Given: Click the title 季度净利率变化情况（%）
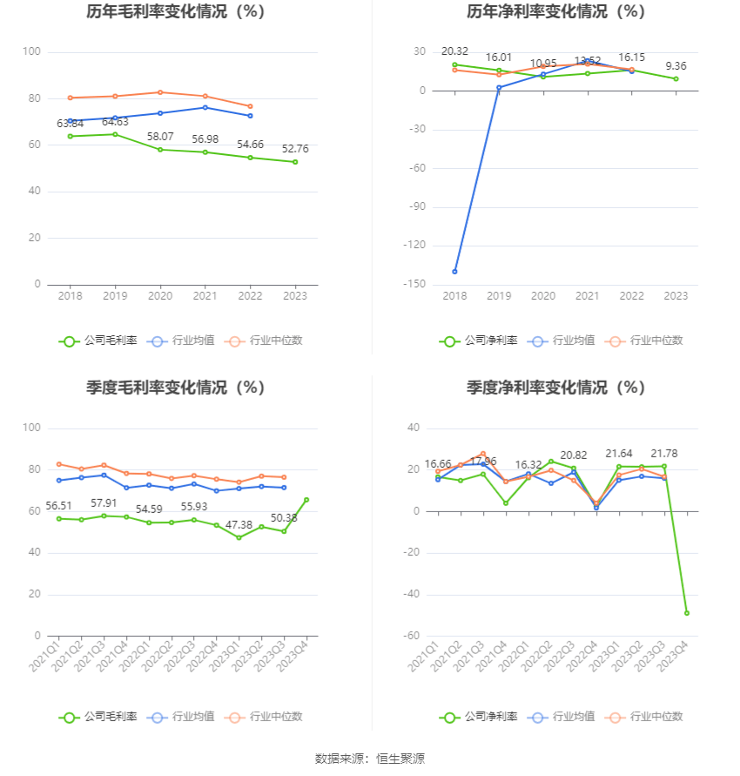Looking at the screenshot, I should pos(555,388).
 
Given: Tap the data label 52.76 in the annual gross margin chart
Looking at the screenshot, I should pos(295,149).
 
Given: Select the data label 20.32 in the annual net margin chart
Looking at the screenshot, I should pos(454,51).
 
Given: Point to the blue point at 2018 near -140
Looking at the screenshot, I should pos(454,272).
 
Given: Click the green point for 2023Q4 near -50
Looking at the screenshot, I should pos(687,613).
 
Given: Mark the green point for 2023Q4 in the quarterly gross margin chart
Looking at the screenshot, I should pos(306,500).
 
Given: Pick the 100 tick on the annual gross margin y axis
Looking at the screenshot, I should pos(31,52).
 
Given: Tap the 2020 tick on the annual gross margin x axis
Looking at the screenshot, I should pos(159,296).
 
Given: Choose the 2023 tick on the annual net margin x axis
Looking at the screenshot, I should pos(676,296).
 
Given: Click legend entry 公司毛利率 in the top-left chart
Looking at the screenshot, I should pos(98,341).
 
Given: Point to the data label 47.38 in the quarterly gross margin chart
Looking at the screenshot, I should pos(238,525).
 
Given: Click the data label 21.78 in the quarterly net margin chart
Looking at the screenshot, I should pos(664,454).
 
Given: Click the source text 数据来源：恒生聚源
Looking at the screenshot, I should pos(369,759).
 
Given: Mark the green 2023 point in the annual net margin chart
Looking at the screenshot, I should pos(676,79).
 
